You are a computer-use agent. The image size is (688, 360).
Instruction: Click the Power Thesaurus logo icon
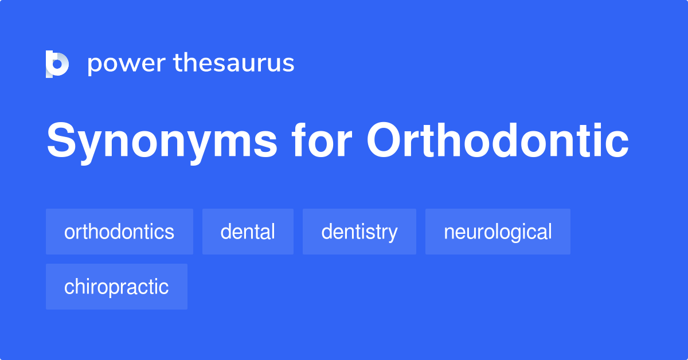(x=57, y=63)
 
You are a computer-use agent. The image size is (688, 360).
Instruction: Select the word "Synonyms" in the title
(x=162, y=141)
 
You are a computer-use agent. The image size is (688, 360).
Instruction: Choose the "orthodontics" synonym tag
(x=119, y=232)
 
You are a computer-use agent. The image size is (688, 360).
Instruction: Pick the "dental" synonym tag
(x=248, y=232)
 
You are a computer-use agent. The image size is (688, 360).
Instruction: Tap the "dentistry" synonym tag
(x=359, y=232)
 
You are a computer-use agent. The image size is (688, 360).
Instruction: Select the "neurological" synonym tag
(x=498, y=232)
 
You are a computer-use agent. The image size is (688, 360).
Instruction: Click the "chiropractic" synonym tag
(x=116, y=287)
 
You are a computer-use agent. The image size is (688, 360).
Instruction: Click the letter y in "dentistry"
(x=392, y=234)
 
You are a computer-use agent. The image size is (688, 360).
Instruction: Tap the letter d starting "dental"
(x=226, y=232)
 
